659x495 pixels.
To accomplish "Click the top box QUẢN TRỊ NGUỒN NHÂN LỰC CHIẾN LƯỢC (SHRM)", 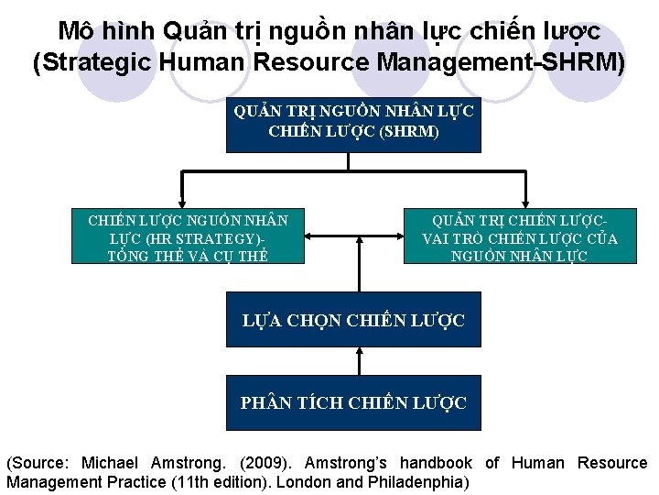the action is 353,121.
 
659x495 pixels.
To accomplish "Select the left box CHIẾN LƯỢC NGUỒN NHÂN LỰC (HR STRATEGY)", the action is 188,237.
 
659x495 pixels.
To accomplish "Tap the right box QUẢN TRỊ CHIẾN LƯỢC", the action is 520,237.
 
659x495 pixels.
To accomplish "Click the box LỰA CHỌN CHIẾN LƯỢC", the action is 353,320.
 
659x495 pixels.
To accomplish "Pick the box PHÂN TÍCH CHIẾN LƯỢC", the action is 353,402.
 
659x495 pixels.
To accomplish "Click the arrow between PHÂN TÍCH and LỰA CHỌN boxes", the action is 353,361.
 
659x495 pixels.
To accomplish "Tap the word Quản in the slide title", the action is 193,31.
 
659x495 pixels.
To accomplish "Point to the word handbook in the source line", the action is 435,463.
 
